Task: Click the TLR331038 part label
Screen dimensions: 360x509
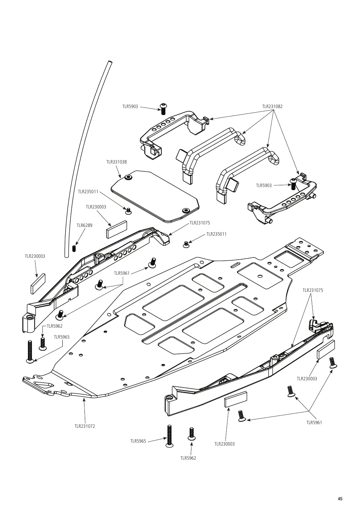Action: tap(116, 162)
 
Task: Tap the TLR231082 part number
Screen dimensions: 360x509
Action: tap(272, 107)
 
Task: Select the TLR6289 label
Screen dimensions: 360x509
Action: tap(84, 225)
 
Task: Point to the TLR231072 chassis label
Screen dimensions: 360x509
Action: tap(85, 426)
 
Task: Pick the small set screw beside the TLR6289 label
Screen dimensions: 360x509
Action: tap(74, 249)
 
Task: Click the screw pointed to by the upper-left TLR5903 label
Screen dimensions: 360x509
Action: tap(163, 109)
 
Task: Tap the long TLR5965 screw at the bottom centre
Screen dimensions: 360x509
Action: tap(169, 436)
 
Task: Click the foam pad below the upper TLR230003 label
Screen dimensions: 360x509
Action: tap(117, 230)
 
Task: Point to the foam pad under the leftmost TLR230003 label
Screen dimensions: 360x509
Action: tap(38, 284)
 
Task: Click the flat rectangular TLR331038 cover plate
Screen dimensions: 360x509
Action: tap(155, 196)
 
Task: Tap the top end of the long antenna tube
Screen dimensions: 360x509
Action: tap(110, 62)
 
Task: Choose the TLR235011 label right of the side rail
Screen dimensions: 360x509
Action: tap(216, 234)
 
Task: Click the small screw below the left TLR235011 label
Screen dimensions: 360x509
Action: tap(129, 211)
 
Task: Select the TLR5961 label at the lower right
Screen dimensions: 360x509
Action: tap(314, 423)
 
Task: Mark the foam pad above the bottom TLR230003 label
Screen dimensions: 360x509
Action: tap(236, 399)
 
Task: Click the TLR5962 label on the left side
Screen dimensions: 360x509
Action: tap(54, 326)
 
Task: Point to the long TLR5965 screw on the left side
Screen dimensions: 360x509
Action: tap(30, 352)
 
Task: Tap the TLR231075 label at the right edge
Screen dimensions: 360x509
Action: tap(313, 290)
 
